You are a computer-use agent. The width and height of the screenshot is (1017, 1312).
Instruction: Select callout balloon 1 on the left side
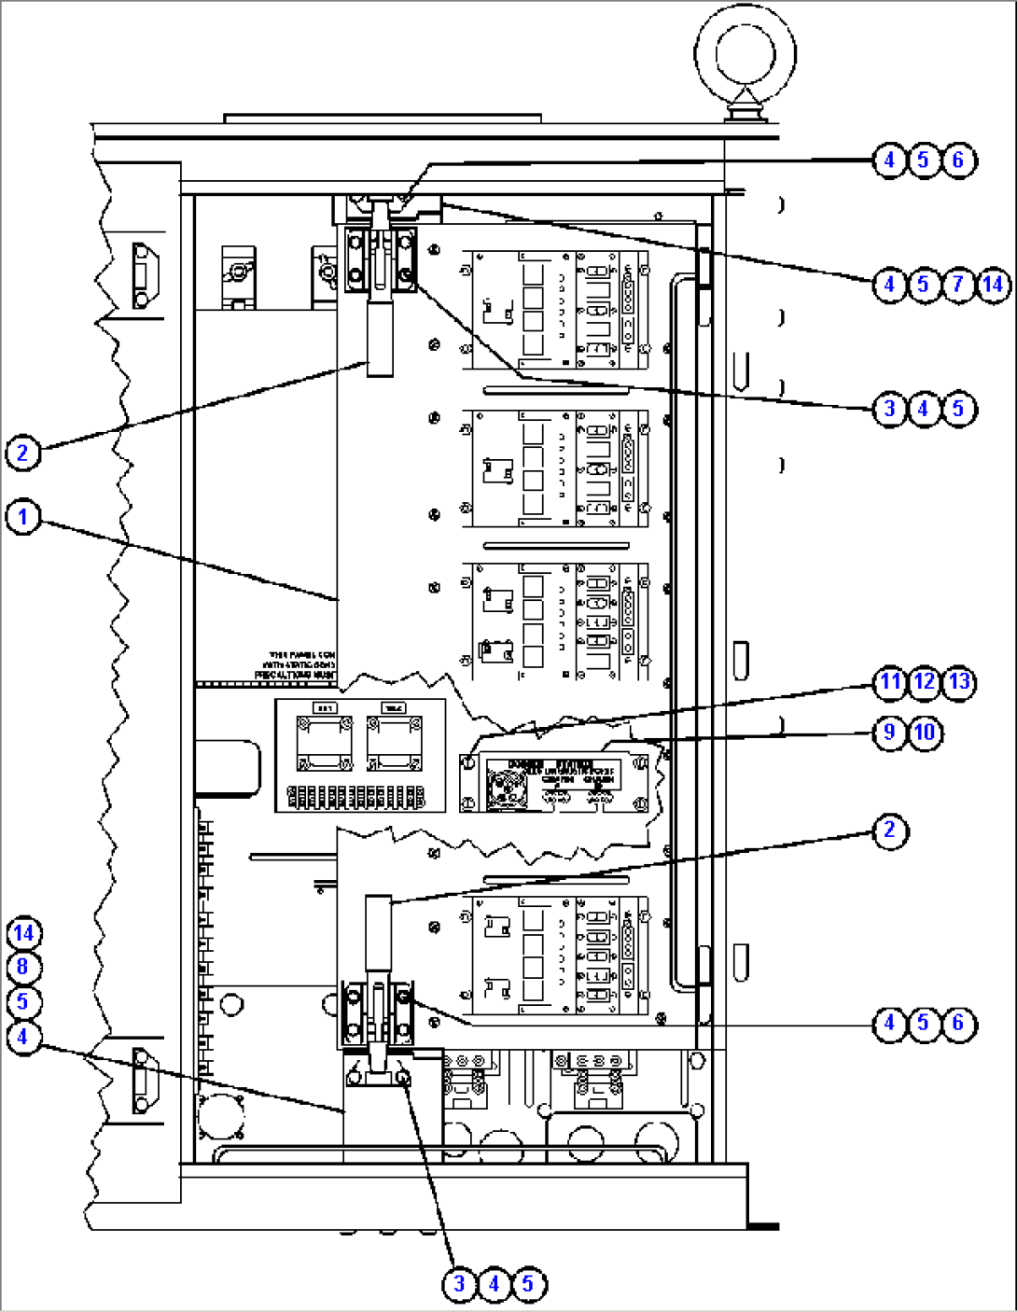click(x=23, y=516)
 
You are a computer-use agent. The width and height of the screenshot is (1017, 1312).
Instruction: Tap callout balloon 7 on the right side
click(x=958, y=284)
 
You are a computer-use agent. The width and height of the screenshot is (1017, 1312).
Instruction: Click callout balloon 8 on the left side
click(x=23, y=968)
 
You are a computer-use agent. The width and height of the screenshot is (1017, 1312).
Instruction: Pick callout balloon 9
click(x=889, y=733)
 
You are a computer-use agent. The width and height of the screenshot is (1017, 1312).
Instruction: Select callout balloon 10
click(x=925, y=733)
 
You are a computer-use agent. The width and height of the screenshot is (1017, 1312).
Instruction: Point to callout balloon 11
click(x=890, y=682)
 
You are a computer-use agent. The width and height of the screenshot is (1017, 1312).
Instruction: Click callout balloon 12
click(x=925, y=682)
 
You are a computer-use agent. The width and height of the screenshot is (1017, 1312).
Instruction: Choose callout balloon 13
click(x=959, y=682)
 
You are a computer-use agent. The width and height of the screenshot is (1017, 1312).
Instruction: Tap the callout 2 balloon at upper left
click(x=23, y=453)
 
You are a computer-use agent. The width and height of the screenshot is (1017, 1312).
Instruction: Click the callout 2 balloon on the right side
click(x=889, y=830)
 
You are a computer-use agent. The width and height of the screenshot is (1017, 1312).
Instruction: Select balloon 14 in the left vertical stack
click(x=23, y=933)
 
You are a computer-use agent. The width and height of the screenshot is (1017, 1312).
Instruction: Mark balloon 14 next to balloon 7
click(x=993, y=284)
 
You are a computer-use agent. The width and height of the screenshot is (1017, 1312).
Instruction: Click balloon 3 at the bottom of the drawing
click(x=459, y=1284)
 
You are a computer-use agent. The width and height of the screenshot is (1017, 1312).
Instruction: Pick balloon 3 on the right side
click(x=889, y=409)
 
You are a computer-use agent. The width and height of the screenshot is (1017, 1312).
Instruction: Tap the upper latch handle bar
click(x=381, y=340)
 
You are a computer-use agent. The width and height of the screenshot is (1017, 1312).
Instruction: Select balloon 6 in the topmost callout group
click(x=958, y=161)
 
